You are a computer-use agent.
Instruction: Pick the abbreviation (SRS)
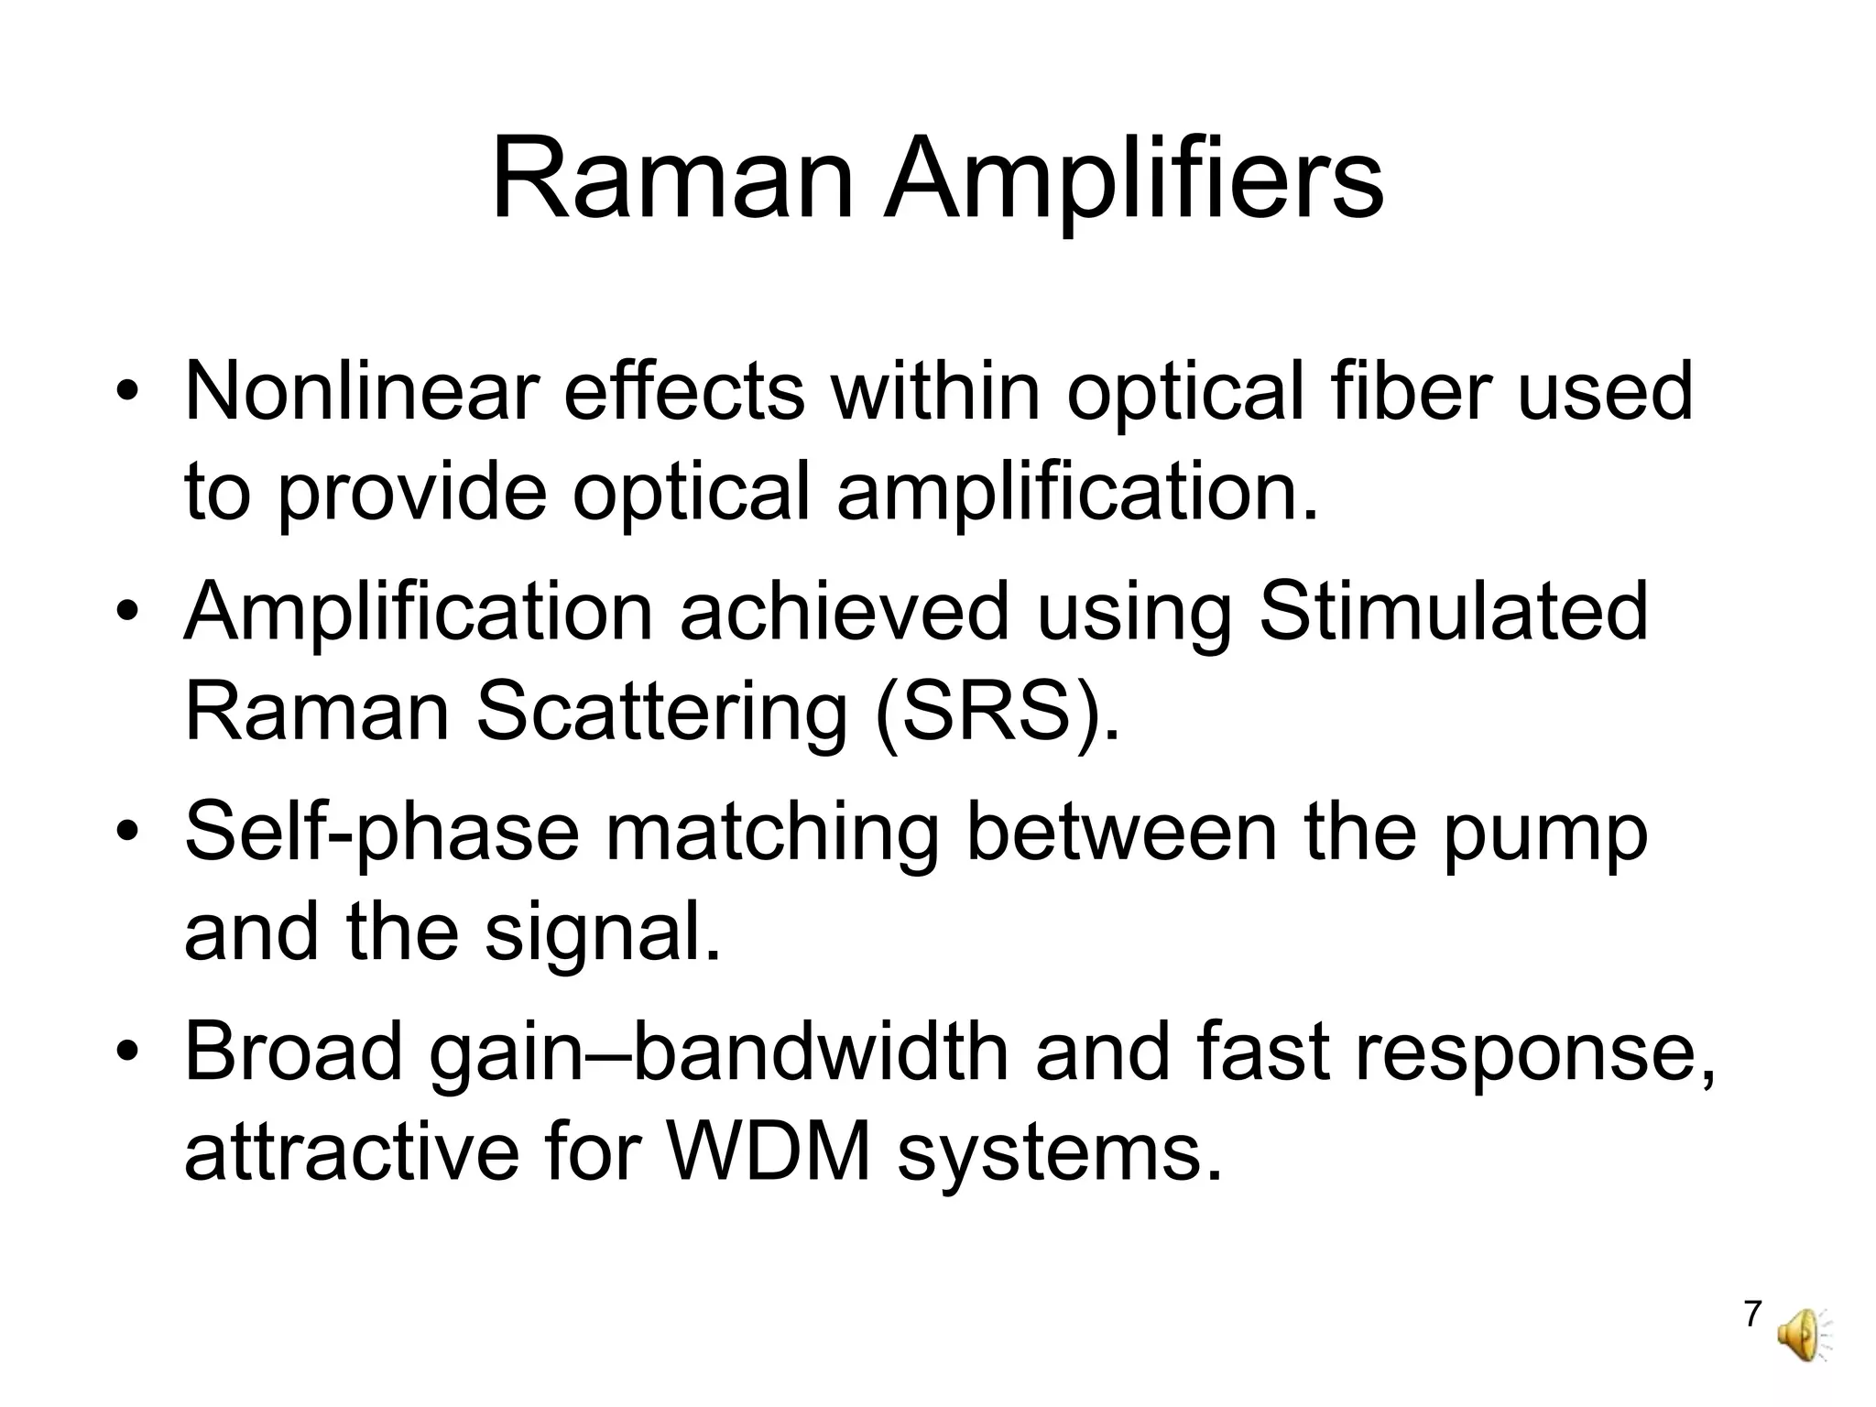tap(997, 712)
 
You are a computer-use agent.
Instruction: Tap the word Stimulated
tap(1453, 612)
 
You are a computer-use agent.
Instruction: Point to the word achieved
tap(844, 612)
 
